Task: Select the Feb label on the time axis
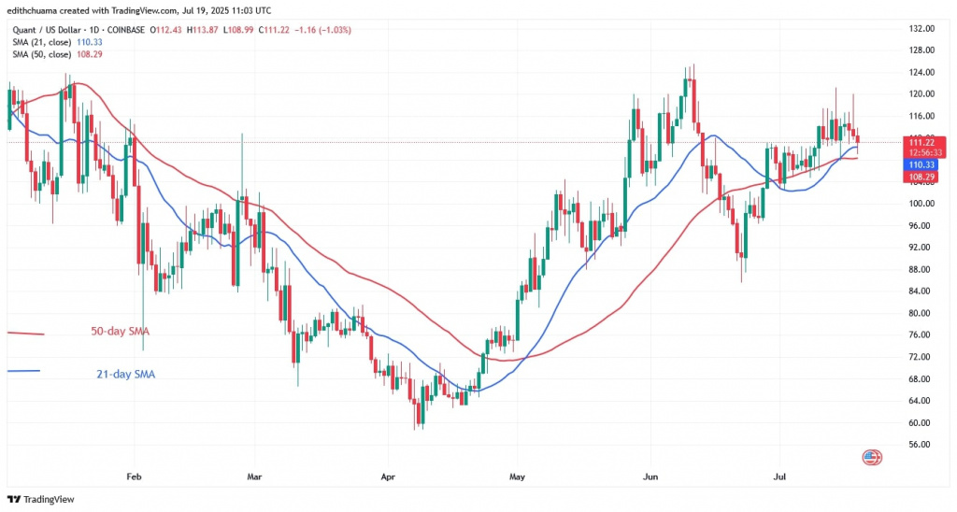[134, 476]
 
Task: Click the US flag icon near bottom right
[872, 457]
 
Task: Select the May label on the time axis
[518, 476]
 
